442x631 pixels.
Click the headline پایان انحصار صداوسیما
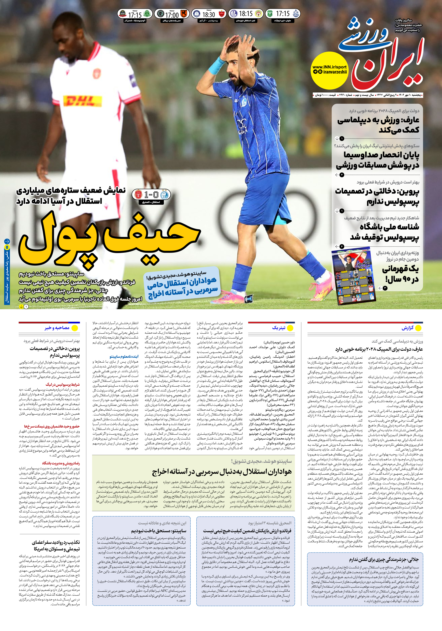(378, 160)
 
